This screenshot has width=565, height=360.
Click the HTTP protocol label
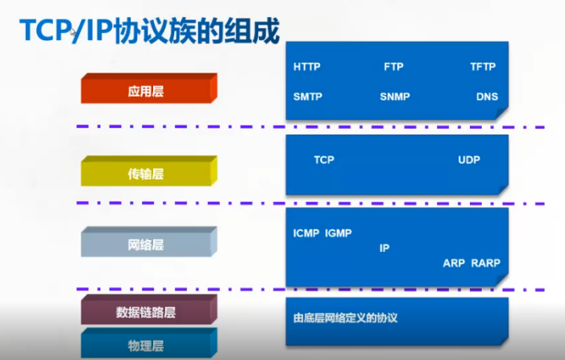pos(307,67)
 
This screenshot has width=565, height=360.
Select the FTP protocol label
pos(393,67)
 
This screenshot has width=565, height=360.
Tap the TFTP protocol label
pos(483,67)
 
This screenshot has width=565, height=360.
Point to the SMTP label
pos(308,97)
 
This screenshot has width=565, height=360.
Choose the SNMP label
pos(395,97)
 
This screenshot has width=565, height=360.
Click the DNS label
pos(487,97)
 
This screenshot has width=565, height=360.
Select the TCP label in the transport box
pos(324,159)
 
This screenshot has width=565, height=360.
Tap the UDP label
pos(469,159)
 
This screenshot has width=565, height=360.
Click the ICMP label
pos(306,234)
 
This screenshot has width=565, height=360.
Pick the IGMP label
pos(339,234)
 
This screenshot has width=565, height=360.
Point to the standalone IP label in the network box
pos(384,248)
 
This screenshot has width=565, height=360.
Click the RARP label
pos(486,263)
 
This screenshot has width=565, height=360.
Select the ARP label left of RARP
pos(454,263)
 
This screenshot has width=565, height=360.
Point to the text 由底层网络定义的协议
pos(345,318)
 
